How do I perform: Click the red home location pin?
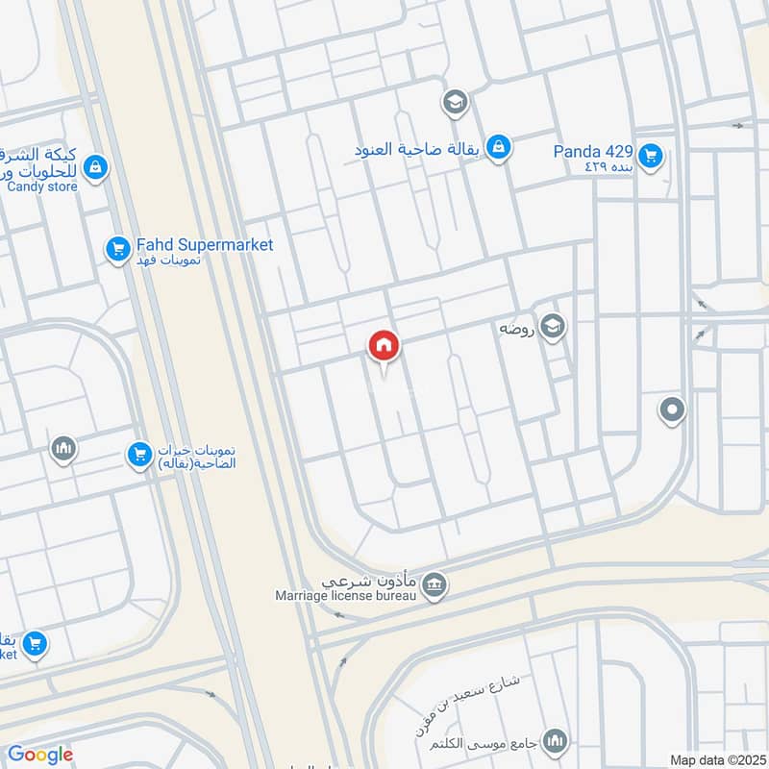384,346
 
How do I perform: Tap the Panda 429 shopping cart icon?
652,153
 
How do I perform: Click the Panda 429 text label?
592,151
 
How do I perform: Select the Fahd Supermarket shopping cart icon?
117,249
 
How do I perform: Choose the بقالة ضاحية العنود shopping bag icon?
498,147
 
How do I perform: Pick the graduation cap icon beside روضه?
552,327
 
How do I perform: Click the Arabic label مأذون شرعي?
370,581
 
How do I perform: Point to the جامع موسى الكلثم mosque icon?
554,741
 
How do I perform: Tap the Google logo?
40,755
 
